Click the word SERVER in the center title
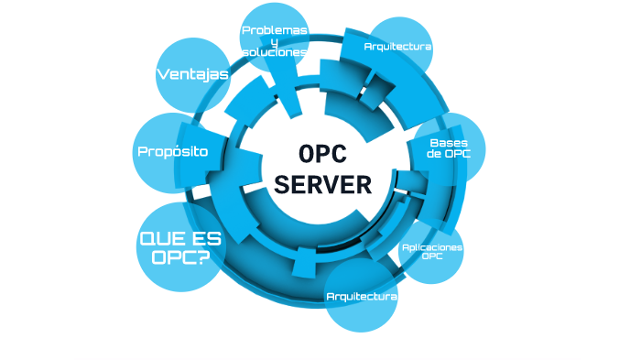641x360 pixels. [323, 184]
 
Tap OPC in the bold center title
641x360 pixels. [323, 154]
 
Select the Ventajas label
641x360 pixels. [192, 74]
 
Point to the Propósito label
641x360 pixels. [172, 151]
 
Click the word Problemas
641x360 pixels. [274, 30]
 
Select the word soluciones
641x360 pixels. [274, 52]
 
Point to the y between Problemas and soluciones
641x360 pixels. [274, 42]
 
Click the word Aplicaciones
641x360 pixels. [431, 247]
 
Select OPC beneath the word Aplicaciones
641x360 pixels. [431, 257]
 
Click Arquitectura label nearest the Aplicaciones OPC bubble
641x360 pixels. [362, 296]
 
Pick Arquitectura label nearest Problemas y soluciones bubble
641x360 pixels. [397, 46]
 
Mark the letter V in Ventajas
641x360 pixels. [161, 74]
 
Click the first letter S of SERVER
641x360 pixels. [283, 184]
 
